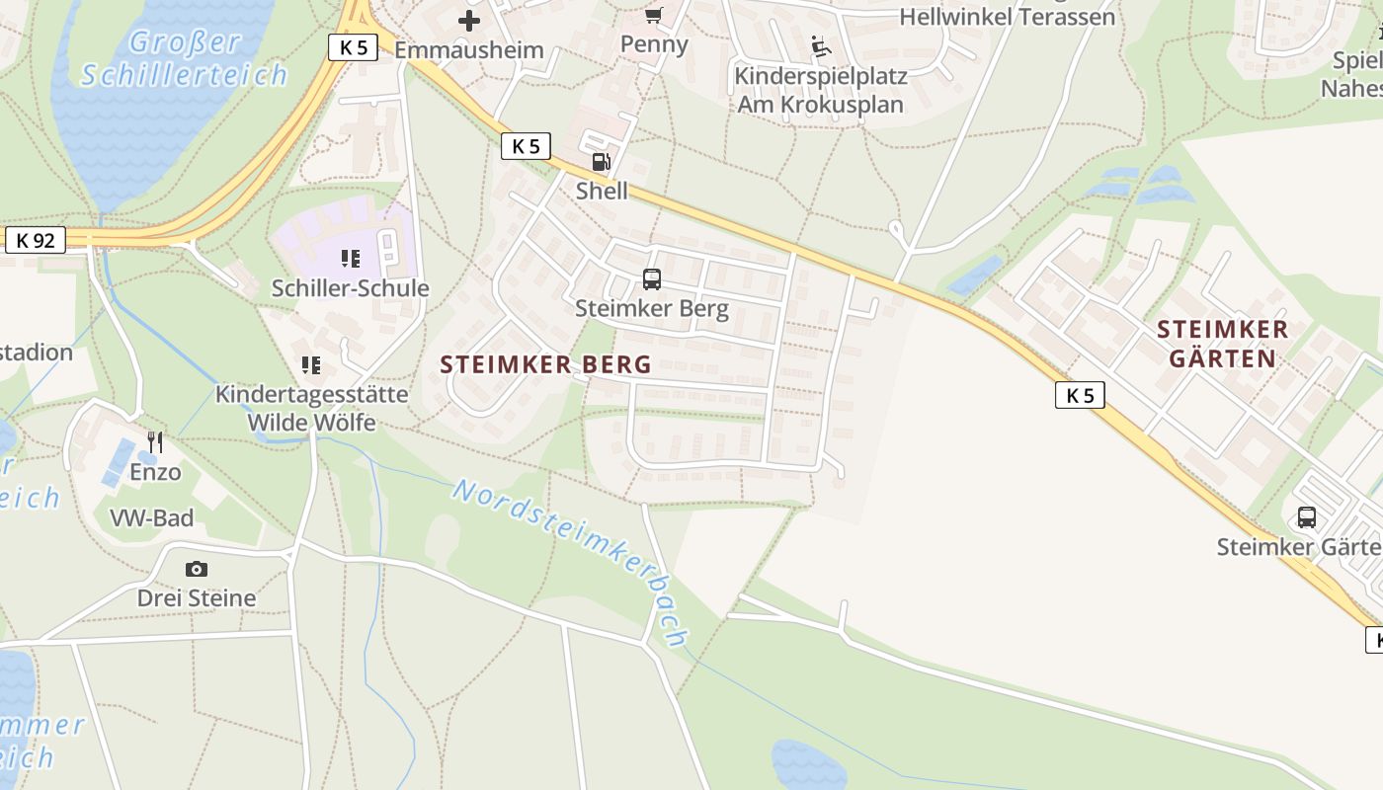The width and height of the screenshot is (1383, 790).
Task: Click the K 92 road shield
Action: pyautogui.click(x=36, y=240)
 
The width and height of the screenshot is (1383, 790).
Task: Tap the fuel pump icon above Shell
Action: pyautogui.click(x=601, y=161)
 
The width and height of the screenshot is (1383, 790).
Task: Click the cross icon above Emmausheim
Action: pyautogui.click(x=469, y=20)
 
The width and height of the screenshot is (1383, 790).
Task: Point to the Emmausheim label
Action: pyautogui.click(x=469, y=50)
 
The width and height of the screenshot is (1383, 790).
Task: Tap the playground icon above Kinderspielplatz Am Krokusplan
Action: pyautogui.click(x=821, y=46)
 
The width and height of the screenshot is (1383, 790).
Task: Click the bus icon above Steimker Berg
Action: pyautogui.click(x=652, y=279)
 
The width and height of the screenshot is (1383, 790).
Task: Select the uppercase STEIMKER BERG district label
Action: pyautogui.click(x=546, y=364)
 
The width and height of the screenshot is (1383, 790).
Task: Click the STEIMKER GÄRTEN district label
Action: pyautogui.click(x=1223, y=344)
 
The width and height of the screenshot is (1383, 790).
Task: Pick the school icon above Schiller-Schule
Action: pyautogui.click(x=351, y=259)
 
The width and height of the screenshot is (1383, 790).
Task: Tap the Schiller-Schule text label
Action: pyautogui.click(x=351, y=288)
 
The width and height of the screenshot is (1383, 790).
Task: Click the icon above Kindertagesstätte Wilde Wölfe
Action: pyautogui.click(x=312, y=365)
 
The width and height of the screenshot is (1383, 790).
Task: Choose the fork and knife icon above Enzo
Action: pyautogui.click(x=155, y=441)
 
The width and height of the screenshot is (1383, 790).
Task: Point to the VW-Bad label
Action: pyautogui.click(x=151, y=518)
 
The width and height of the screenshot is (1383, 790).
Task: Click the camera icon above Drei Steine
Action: pyautogui.click(x=197, y=569)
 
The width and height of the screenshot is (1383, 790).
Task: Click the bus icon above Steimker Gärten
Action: pyautogui.click(x=1307, y=516)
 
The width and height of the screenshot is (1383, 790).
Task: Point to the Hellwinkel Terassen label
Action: pyautogui.click(x=1008, y=17)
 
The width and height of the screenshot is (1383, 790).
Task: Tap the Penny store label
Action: pyautogui.click(x=654, y=44)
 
